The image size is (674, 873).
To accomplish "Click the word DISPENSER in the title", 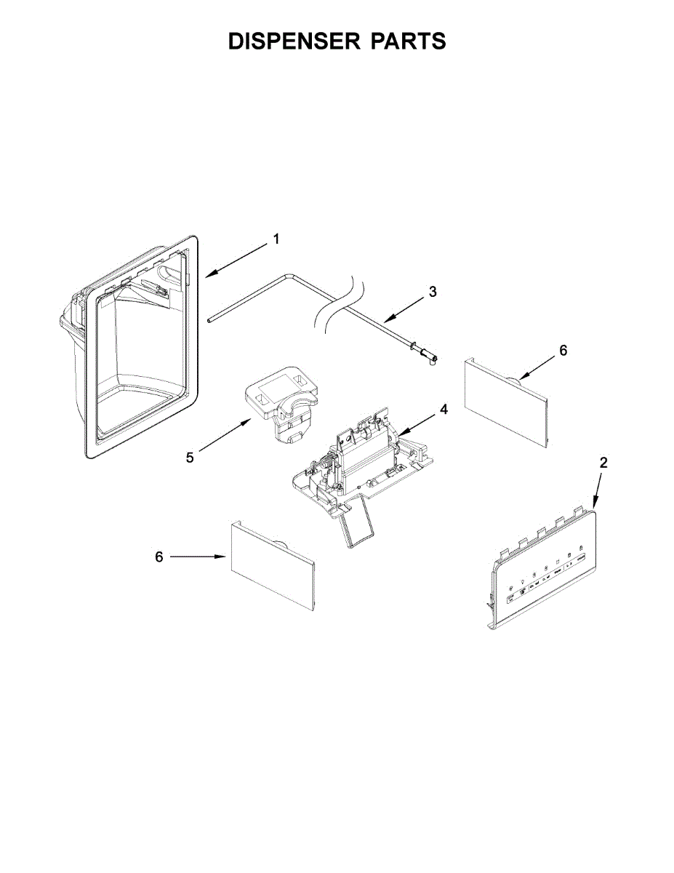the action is pos(294,42).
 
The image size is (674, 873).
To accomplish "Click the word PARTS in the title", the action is pos(409,42).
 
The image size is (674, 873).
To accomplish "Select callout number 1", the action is pos(276,239).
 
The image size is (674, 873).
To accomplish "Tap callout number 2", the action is pos(603,463).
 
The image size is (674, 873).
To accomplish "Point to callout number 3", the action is pos(433,292).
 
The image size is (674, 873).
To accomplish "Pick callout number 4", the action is pos(444,410).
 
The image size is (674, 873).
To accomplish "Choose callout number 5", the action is pos(190,458).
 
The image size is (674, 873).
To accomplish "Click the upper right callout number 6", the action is pos(563,351).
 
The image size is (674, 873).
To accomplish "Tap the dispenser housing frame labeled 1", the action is pos(138,349).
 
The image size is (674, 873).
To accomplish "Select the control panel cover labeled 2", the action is pos(542,571).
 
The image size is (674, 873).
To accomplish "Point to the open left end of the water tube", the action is pos(209,319).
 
